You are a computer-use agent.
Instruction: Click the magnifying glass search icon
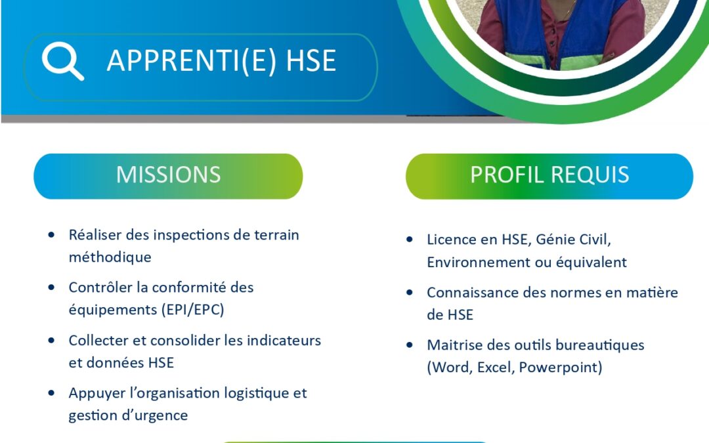[x=62, y=61]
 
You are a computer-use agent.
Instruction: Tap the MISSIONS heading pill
[x=168, y=177]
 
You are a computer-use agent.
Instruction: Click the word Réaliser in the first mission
[x=95, y=235]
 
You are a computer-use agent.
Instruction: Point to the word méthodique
[x=110, y=257]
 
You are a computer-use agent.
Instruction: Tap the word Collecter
[x=98, y=341]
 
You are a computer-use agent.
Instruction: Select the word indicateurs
[x=284, y=341]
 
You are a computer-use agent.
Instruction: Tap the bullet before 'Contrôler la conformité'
[x=52, y=287]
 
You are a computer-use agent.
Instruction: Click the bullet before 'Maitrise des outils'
[x=410, y=345]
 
